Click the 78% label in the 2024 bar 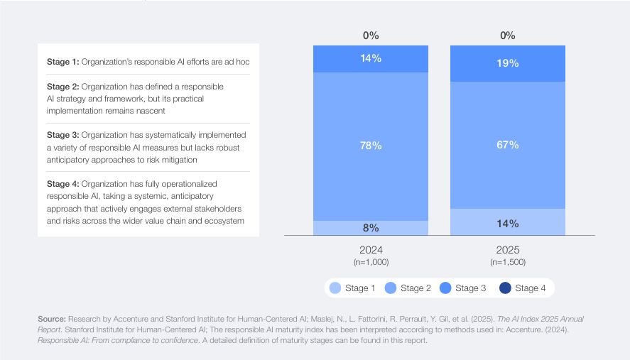pos(371,146)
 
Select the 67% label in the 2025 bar pos(508,146)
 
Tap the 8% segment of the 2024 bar pos(371,228)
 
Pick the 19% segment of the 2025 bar pos(508,63)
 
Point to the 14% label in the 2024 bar pos(371,58)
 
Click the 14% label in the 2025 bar pos(508,223)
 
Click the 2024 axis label pos(371,250)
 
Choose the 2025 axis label pos(508,250)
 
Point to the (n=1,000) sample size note pos(371,262)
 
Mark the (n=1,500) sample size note pos(508,262)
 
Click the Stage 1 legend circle pos(335,288)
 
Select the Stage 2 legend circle pos(390,288)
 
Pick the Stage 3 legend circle pos(445,288)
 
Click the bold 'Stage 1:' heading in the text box pos(63,62)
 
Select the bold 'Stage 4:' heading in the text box pos(63,183)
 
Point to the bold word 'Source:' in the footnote pos(52,319)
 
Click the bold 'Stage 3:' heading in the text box pos(63,135)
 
